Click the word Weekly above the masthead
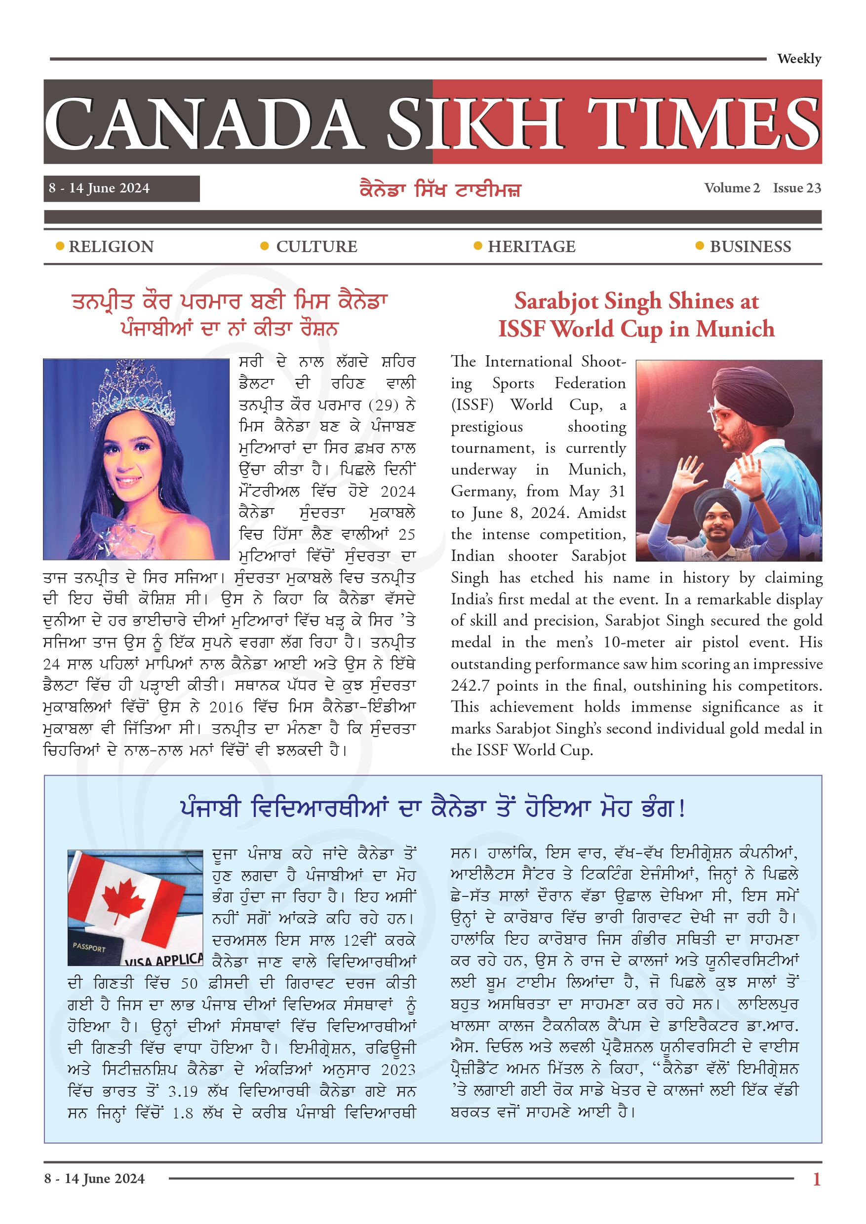[x=798, y=59]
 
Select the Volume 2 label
[x=732, y=188]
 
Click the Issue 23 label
[x=797, y=188]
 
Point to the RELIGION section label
[x=111, y=247]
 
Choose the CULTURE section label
[x=316, y=247]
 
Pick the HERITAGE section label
[x=531, y=247]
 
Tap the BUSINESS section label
[x=750, y=247]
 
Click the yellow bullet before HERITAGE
[x=478, y=246]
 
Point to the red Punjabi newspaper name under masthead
[x=440, y=190]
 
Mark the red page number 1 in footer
[x=816, y=1179]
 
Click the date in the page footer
[x=94, y=1179]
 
